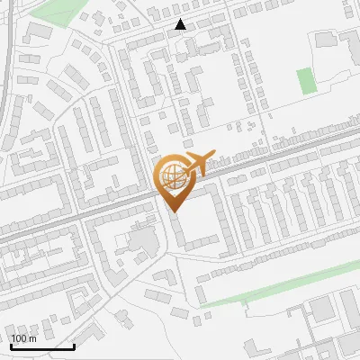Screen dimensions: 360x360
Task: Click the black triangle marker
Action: (181, 25)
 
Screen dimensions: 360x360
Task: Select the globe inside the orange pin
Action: (175, 177)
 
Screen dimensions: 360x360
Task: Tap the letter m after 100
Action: (32, 338)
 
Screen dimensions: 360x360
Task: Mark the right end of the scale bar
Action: (74, 346)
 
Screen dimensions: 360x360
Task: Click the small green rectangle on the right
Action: (307, 80)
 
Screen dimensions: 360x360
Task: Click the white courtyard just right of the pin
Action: (200, 220)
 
